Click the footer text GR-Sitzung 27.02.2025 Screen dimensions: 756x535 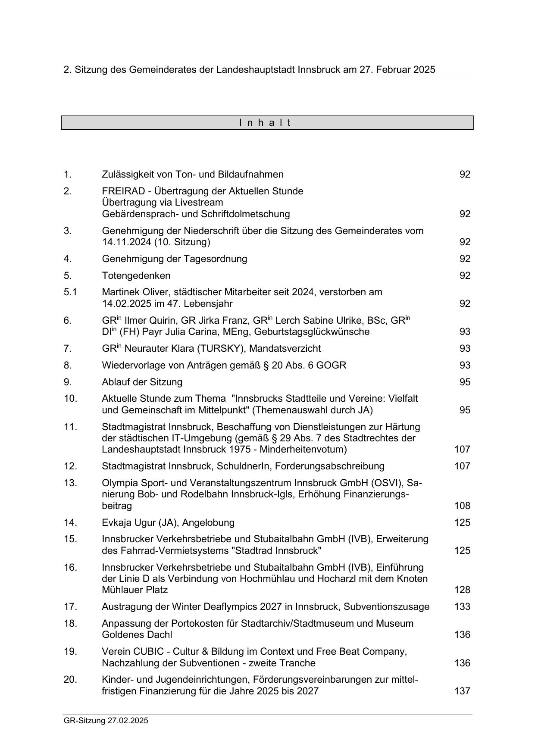[106, 720]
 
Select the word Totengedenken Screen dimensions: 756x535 [136, 275]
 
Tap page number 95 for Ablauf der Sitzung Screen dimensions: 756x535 [464, 382]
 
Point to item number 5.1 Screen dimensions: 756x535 [70, 292]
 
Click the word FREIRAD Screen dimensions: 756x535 [120, 191]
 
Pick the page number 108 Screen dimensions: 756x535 [462, 506]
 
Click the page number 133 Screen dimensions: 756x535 [462, 607]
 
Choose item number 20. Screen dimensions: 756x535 [70, 680]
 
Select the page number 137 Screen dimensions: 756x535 [462, 691]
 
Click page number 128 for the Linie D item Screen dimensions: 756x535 [462, 590]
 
